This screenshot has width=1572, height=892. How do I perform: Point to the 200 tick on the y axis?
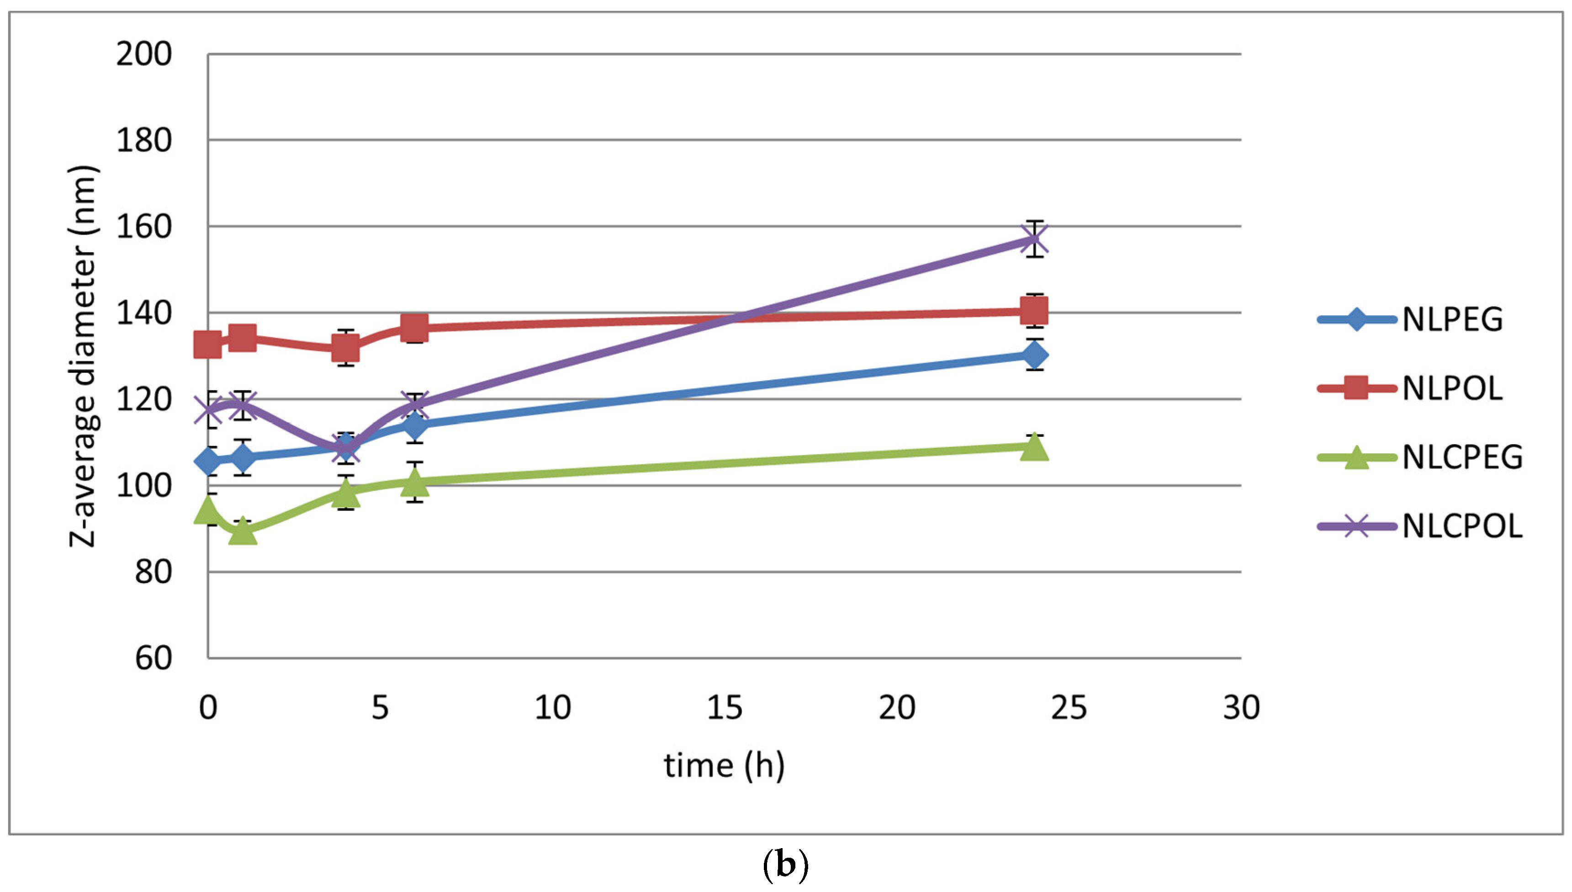(144, 54)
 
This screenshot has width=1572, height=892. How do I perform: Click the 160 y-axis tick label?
(144, 227)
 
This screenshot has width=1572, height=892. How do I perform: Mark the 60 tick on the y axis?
(153, 658)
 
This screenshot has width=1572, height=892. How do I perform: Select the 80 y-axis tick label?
(153, 572)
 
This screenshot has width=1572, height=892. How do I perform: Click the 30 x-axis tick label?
(1241, 707)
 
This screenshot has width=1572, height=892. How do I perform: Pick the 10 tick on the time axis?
(552, 707)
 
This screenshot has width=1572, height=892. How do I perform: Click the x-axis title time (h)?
(724, 766)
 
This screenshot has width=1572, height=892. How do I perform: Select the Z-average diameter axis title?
(83, 356)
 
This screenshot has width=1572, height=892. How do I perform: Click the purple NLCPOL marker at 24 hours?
(1034, 239)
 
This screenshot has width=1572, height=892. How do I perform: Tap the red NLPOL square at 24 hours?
(1034, 311)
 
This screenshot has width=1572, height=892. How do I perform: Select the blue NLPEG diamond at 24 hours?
(1034, 355)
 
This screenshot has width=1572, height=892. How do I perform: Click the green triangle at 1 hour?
(243, 531)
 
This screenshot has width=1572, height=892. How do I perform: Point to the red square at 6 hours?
(415, 327)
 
